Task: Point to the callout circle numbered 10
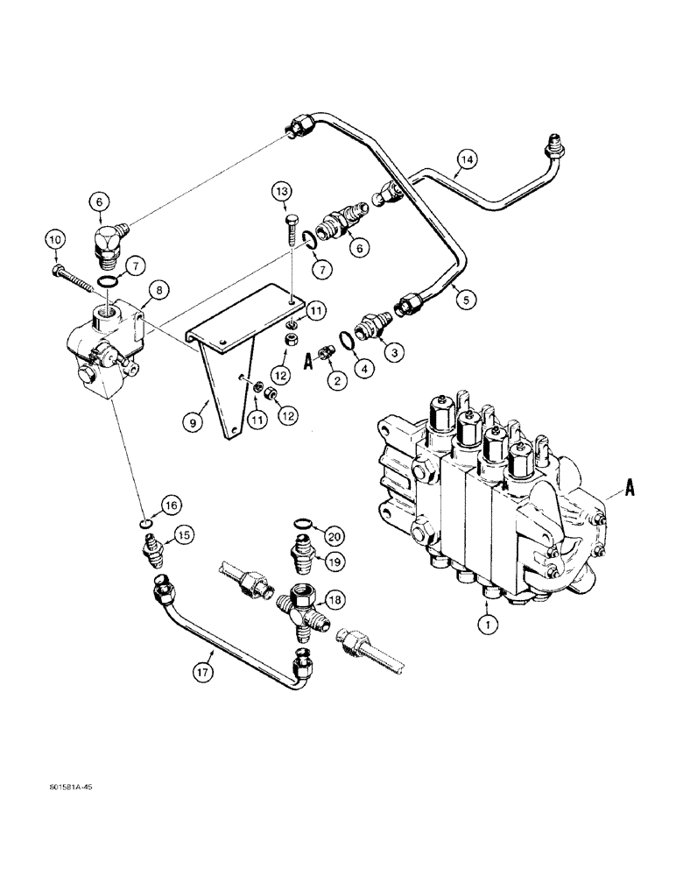tap(54, 239)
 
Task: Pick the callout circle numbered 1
tap(487, 625)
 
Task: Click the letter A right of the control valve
tap(630, 492)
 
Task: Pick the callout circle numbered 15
tap(181, 535)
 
